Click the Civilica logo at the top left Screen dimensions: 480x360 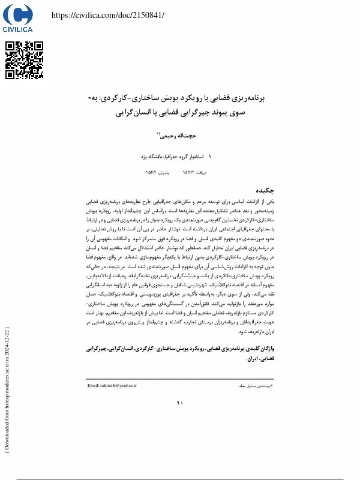point(17,18)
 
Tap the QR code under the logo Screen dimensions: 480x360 point(25,60)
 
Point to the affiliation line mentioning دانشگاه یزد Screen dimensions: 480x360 point(174,155)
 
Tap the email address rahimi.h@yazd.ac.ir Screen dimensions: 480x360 point(112,385)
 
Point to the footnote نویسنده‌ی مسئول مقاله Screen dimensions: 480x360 point(255,385)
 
